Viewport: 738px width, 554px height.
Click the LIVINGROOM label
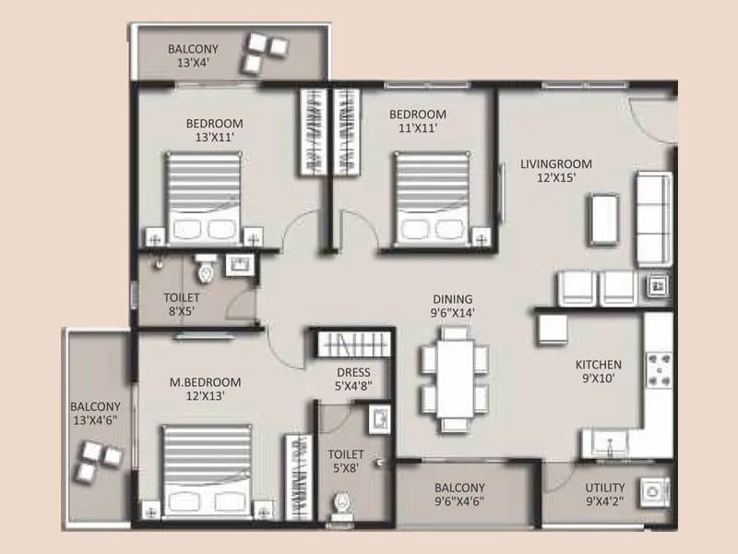click(x=555, y=164)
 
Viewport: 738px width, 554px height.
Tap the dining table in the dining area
click(x=453, y=379)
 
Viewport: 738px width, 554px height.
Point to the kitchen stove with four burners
click(x=660, y=370)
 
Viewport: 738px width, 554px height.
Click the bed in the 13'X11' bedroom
click(x=203, y=197)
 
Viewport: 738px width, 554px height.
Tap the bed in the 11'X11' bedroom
click(x=430, y=198)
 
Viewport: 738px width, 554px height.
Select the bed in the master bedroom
click(x=207, y=469)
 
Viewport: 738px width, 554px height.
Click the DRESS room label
click(x=353, y=373)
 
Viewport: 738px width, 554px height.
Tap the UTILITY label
click(x=605, y=488)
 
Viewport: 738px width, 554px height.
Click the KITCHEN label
click(x=599, y=365)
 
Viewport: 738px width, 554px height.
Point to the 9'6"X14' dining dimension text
click(x=452, y=314)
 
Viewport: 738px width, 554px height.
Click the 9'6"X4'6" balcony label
click(x=458, y=495)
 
